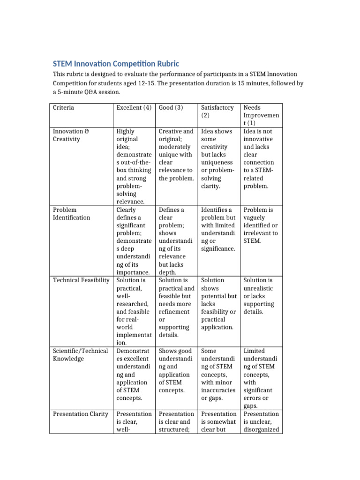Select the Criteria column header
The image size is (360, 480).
click(63, 108)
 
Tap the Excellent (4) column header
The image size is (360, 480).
click(134, 108)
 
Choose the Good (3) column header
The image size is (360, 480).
click(171, 108)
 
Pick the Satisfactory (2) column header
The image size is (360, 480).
click(217, 112)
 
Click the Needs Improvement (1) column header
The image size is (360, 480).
click(261, 115)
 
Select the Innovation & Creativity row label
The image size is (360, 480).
click(71, 135)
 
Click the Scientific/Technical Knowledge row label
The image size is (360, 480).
click(80, 355)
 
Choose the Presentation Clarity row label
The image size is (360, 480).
click(80, 414)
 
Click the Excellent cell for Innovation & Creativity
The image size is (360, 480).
click(134, 166)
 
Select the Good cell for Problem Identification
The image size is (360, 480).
click(176, 241)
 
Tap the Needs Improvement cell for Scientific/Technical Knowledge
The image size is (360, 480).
click(261, 378)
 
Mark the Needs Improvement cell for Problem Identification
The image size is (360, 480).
click(261, 225)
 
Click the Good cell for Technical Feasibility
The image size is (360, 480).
click(176, 307)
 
